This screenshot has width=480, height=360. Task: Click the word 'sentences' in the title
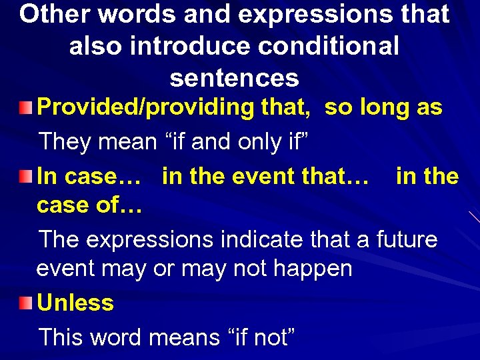[235, 78]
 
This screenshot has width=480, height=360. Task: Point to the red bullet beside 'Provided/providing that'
[25, 107]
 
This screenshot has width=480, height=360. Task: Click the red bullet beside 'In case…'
[25, 177]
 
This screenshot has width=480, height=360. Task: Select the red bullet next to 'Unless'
[25, 303]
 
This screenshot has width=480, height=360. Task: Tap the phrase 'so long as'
[383, 107]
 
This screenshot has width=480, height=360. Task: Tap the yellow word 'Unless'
[75, 303]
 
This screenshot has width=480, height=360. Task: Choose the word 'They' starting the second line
[65, 141]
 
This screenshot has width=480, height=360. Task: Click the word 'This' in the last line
[65, 337]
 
